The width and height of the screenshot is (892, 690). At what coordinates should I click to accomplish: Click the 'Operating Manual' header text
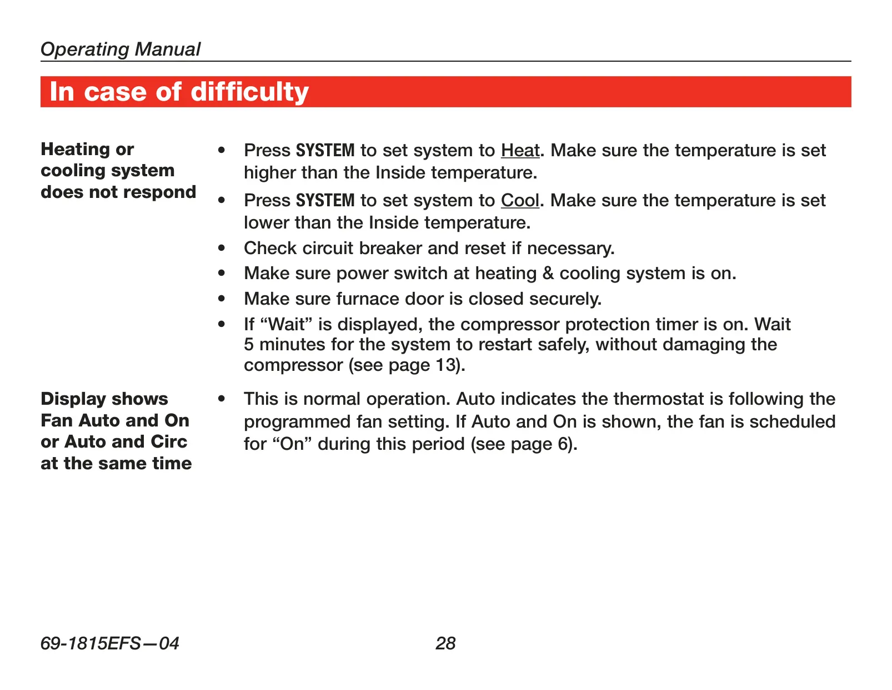click(x=121, y=49)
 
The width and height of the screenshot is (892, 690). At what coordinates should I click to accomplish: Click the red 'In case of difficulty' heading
click(x=179, y=92)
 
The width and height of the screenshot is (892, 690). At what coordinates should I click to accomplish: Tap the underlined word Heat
click(x=520, y=151)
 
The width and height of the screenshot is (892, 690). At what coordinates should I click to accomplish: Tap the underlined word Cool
click(x=520, y=201)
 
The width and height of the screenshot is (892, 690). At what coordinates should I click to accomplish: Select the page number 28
click(x=445, y=643)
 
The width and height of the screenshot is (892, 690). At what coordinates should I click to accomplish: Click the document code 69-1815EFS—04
click(x=109, y=643)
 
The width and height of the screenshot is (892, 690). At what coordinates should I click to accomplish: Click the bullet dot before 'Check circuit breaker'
click(x=222, y=248)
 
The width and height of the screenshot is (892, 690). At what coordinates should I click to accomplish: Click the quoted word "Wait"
click(x=287, y=324)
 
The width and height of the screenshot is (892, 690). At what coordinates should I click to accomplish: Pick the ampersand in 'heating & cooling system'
click(x=548, y=274)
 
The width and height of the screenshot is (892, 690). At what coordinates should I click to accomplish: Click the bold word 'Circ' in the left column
click(x=169, y=442)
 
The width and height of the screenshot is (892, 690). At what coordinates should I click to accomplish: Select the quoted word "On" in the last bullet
click(x=292, y=444)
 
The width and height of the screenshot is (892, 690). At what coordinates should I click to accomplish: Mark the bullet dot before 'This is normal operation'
click(x=222, y=399)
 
